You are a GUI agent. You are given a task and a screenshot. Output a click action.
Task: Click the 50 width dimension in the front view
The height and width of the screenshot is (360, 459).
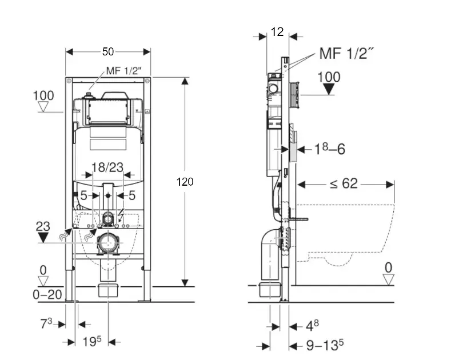click(x=107, y=51)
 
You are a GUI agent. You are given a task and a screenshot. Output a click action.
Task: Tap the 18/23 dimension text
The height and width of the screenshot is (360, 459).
click(x=107, y=167)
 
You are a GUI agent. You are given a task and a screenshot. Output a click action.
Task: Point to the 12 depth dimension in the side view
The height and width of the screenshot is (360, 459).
click(x=277, y=33)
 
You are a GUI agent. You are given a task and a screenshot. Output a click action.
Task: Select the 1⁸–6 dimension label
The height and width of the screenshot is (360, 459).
click(x=330, y=149)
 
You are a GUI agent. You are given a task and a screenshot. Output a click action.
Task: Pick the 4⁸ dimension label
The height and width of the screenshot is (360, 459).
click(x=312, y=326)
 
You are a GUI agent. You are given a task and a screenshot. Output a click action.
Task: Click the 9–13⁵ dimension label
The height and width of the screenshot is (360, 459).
click(x=324, y=345)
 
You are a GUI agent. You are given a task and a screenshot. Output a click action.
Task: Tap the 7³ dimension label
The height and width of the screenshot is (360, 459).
click(x=46, y=324)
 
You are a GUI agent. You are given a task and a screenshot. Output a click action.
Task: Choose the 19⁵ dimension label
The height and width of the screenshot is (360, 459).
click(x=91, y=342)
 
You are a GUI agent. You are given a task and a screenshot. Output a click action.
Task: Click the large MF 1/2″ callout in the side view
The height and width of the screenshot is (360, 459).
click(x=346, y=54)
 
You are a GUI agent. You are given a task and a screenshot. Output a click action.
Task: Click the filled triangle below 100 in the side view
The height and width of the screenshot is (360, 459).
click(x=328, y=89)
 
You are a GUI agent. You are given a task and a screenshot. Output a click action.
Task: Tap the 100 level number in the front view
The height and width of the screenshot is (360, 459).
click(x=43, y=95)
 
